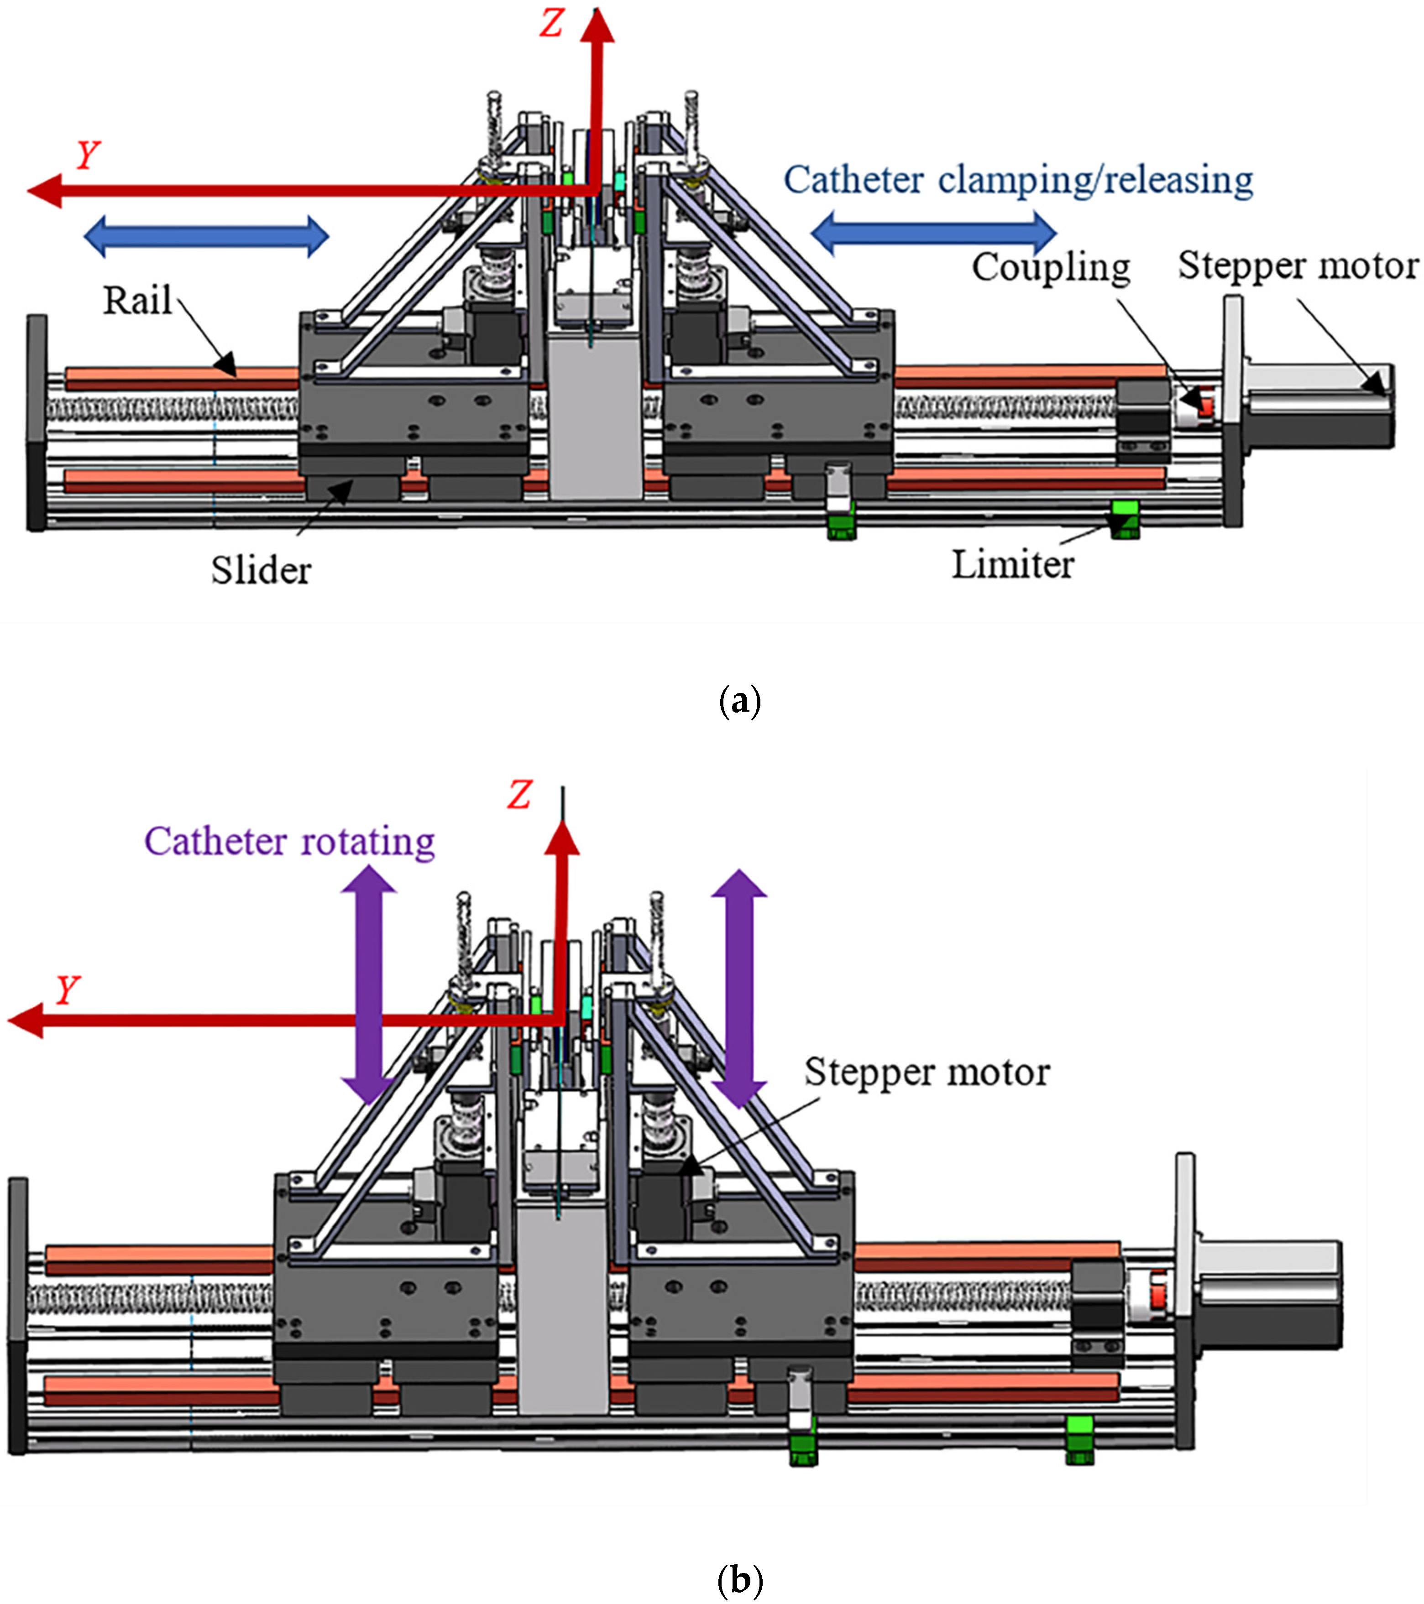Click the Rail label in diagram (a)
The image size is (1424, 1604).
[137, 301]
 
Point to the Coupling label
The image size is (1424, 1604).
[1050, 268]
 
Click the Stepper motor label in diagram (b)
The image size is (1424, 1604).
[927, 1073]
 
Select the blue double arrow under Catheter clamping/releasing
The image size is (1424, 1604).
[933, 233]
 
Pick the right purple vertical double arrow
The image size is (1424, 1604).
[738, 989]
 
